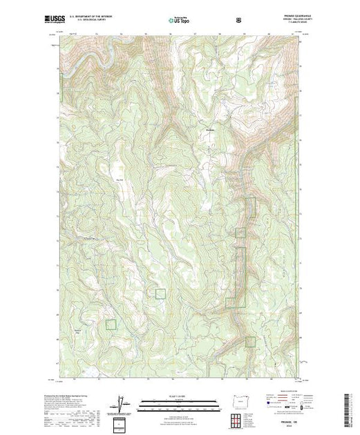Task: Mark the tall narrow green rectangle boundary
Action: pos(242,276)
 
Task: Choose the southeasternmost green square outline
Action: pos(250,340)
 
